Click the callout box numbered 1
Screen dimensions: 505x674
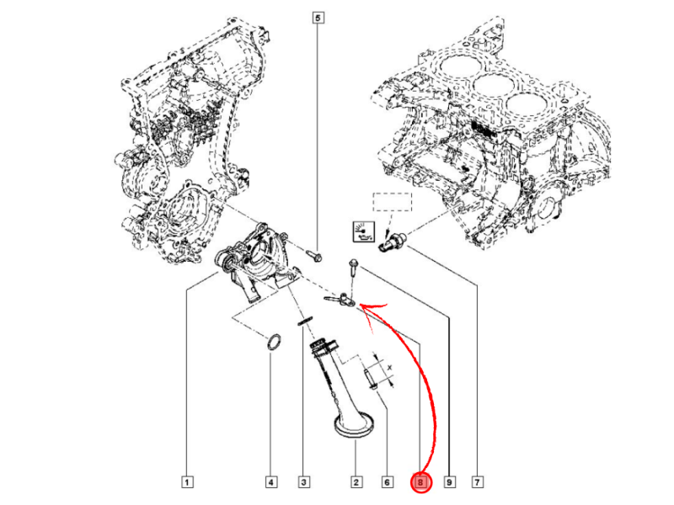point(187,482)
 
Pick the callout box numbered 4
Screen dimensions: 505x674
point(270,482)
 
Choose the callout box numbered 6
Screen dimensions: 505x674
point(387,482)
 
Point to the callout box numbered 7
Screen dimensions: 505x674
point(478,482)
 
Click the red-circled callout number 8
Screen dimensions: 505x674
point(420,482)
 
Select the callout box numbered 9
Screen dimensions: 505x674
point(449,482)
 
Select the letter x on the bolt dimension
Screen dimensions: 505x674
point(390,368)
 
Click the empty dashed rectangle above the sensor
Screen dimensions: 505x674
point(393,203)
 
